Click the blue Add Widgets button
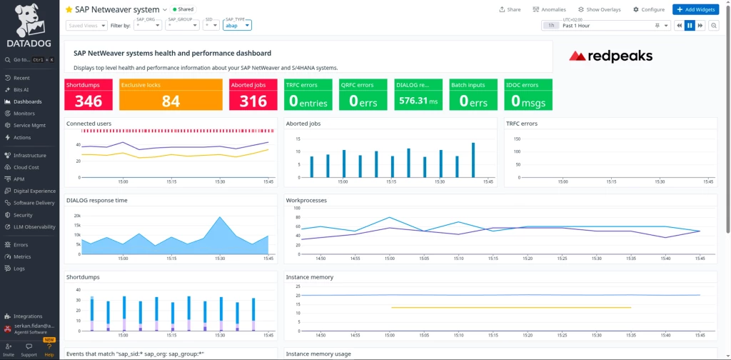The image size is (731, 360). [x=695, y=9]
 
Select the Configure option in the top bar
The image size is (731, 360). [x=648, y=9]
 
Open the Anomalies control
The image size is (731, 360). [x=550, y=9]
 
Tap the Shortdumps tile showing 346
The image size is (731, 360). [x=89, y=101]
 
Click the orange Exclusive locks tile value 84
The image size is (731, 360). [x=171, y=101]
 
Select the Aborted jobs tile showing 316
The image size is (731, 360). [x=253, y=101]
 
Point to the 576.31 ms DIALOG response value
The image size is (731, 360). [x=418, y=101]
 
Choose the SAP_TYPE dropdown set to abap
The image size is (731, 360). [x=237, y=25]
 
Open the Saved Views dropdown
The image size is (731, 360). [x=86, y=25]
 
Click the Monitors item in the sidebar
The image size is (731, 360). [x=24, y=113]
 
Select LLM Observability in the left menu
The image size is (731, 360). [x=34, y=226]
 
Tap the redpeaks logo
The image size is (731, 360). [x=610, y=56]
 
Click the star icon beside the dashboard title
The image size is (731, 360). [x=69, y=9]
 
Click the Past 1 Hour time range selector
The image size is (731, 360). [x=607, y=25]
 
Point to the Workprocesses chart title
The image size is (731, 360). [x=306, y=200]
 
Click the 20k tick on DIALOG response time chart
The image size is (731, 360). [x=76, y=215]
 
